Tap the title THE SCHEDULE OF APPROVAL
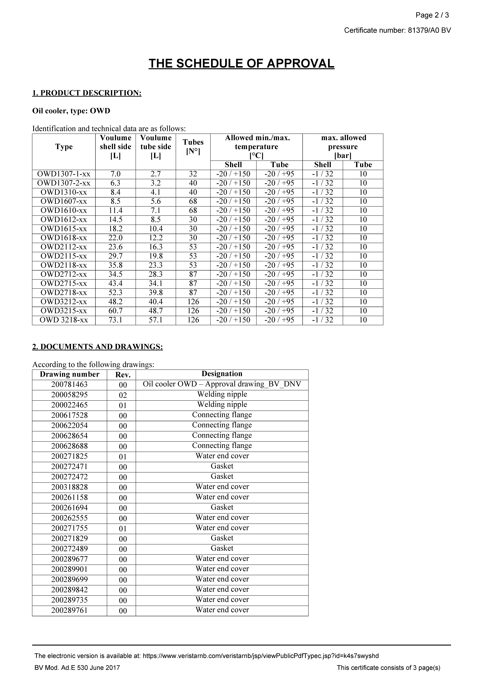[x=241, y=64]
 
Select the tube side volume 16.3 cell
[x=156, y=247]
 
